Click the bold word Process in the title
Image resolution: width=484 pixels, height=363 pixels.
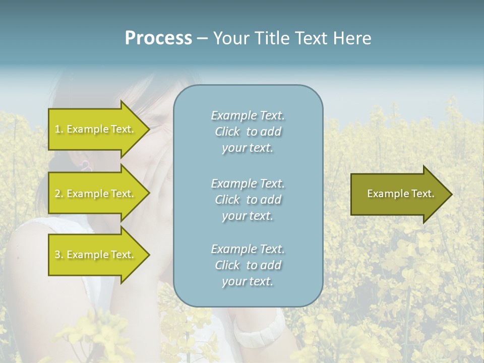tap(158, 38)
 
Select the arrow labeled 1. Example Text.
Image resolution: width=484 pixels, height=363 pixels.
tap(96, 129)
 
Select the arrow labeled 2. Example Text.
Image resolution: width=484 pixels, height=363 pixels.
tap(96, 194)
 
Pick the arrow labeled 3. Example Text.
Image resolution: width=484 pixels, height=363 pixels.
tap(96, 255)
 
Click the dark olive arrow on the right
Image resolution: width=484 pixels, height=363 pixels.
tap(398, 194)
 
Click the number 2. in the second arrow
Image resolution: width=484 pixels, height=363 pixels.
tap(59, 194)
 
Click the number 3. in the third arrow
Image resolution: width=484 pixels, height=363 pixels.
tap(59, 255)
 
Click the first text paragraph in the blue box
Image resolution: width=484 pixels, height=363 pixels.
tap(248, 132)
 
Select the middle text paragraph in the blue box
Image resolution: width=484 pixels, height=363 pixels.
tap(248, 200)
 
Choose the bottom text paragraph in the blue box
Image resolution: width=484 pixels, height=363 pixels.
tap(248, 265)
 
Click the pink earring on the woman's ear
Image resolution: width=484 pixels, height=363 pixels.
tap(85, 165)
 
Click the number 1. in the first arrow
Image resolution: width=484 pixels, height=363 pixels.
tap(58, 129)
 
